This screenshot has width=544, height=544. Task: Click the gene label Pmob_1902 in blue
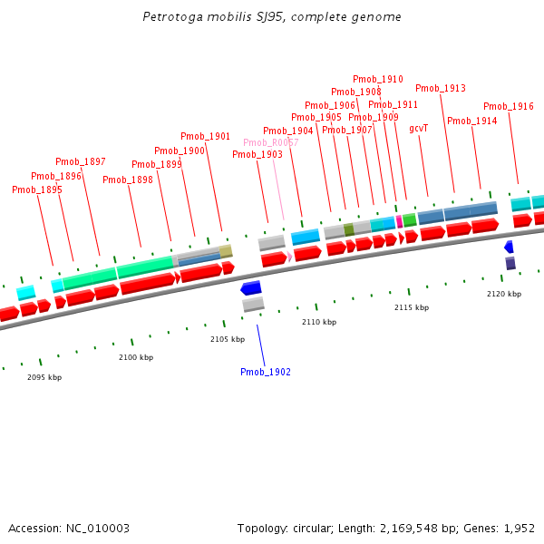point(265,372)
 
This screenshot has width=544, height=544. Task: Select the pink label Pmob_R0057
point(270,142)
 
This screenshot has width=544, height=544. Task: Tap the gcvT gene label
point(418,129)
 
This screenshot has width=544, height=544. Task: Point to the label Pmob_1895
point(37,189)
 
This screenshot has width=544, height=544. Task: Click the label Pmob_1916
point(508,106)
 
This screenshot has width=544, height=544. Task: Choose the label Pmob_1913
point(441,88)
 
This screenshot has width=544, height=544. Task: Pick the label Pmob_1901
point(205,136)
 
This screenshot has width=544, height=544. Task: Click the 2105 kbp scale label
point(228,339)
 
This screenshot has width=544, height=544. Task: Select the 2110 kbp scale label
point(319,322)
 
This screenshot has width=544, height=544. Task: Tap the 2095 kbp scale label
point(44,376)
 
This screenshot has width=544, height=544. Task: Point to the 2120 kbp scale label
point(504,294)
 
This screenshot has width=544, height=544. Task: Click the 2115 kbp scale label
point(412,307)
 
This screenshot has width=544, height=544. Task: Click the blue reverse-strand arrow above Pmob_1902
point(251,288)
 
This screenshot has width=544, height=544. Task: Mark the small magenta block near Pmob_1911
point(399,221)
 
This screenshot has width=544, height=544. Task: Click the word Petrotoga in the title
point(170,17)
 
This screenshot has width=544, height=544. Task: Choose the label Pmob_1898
point(128,180)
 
